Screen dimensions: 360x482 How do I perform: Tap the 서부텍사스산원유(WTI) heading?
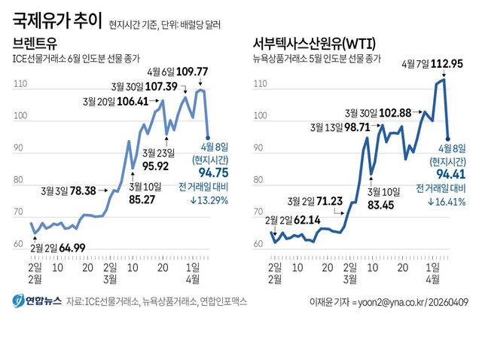click(x=316, y=43)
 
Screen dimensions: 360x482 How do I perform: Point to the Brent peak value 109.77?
click(x=192, y=72)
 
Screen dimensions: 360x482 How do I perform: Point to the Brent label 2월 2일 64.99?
click(x=57, y=247)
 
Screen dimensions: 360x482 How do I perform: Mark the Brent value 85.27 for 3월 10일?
click(x=142, y=200)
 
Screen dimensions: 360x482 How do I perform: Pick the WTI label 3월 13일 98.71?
click(x=347, y=127)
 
